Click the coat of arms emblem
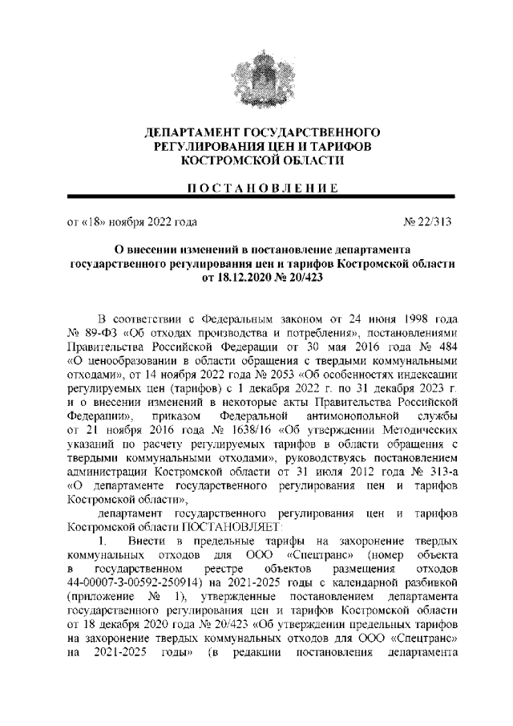point(257,80)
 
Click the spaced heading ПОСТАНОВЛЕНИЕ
point(256,188)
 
